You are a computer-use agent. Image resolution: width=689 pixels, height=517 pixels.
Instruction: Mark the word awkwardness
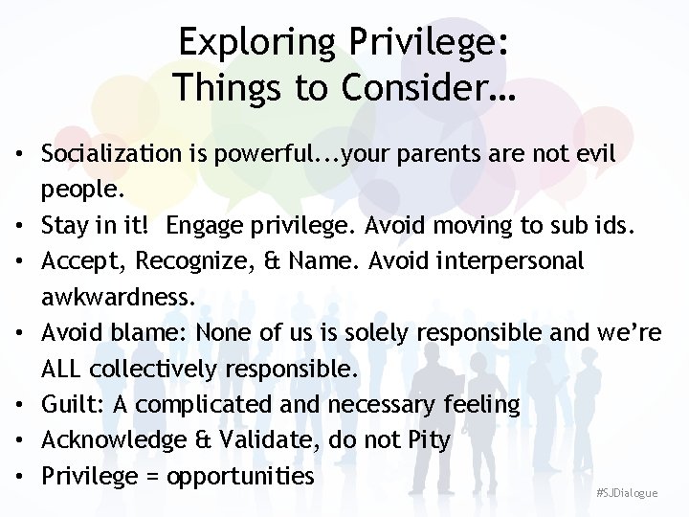pyautogui.click(x=118, y=298)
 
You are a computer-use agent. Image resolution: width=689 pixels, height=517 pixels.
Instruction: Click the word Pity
pyautogui.click(x=428, y=440)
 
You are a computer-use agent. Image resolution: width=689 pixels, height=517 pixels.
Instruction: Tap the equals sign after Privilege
pyautogui.click(x=151, y=477)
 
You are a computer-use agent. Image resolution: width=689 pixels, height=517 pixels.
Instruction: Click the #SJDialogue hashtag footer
pyautogui.click(x=627, y=493)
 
